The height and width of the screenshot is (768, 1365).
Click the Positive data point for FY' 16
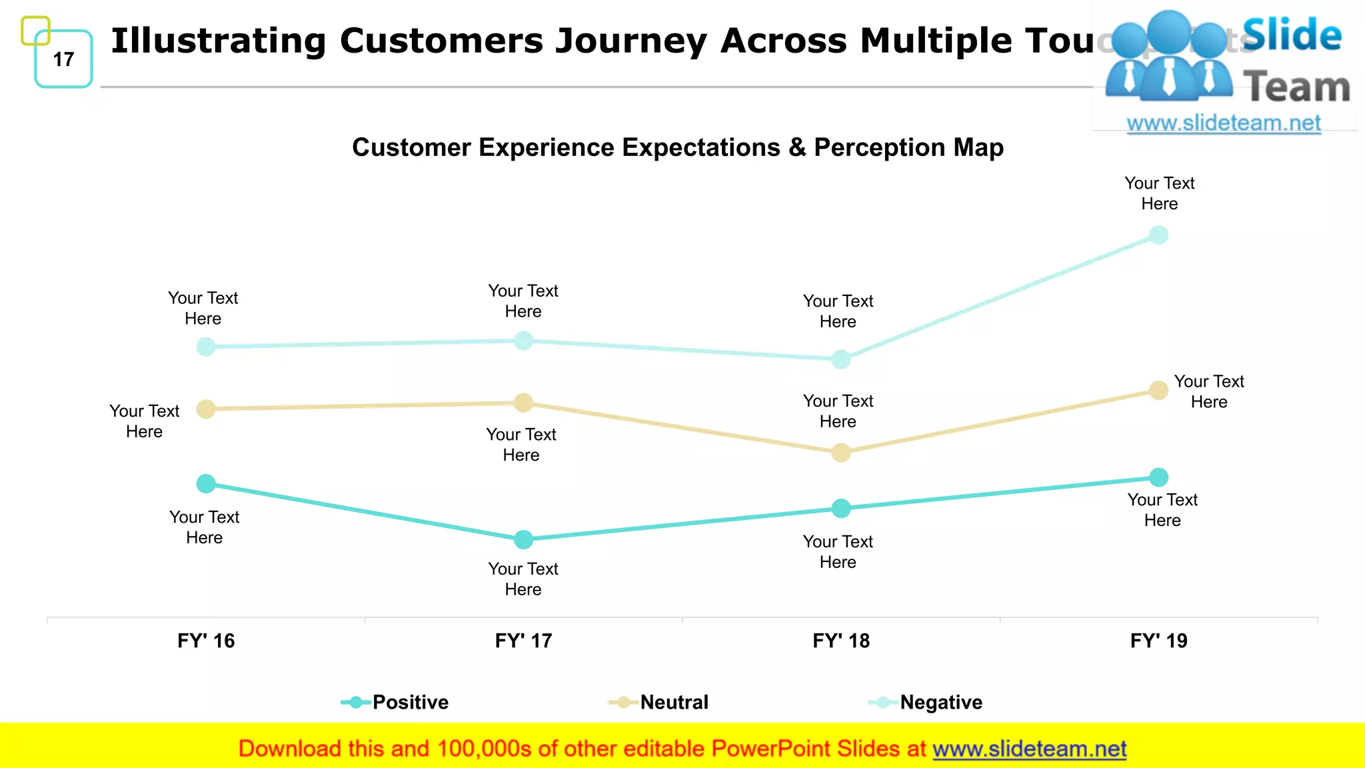click(206, 483)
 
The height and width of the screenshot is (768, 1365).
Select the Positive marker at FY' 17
click(524, 539)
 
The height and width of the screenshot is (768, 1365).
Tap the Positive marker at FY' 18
click(841, 509)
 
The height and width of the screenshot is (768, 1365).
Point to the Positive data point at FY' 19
click(1159, 477)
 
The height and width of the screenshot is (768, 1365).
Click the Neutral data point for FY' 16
click(206, 409)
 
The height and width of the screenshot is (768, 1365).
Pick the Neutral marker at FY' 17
click(524, 403)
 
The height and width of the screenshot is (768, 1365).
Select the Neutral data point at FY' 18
click(841, 453)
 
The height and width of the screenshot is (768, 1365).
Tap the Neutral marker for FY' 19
click(1159, 391)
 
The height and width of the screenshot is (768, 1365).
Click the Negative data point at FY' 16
click(206, 347)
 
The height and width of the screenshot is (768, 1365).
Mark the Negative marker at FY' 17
click(524, 341)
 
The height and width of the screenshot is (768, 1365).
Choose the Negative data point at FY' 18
click(841, 359)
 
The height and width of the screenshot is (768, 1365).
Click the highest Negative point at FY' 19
click(1159, 235)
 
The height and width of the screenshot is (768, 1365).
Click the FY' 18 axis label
click(841, 641)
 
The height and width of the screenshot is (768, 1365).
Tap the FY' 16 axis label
click(206, 641)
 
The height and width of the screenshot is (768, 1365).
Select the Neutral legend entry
click(673, 702)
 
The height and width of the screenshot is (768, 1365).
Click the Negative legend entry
click(940, 702)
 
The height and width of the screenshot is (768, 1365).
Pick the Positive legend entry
click(409, 702)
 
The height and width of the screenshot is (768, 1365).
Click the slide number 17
click(63, 59)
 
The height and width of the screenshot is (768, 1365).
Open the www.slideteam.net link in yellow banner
click(1029, 749)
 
